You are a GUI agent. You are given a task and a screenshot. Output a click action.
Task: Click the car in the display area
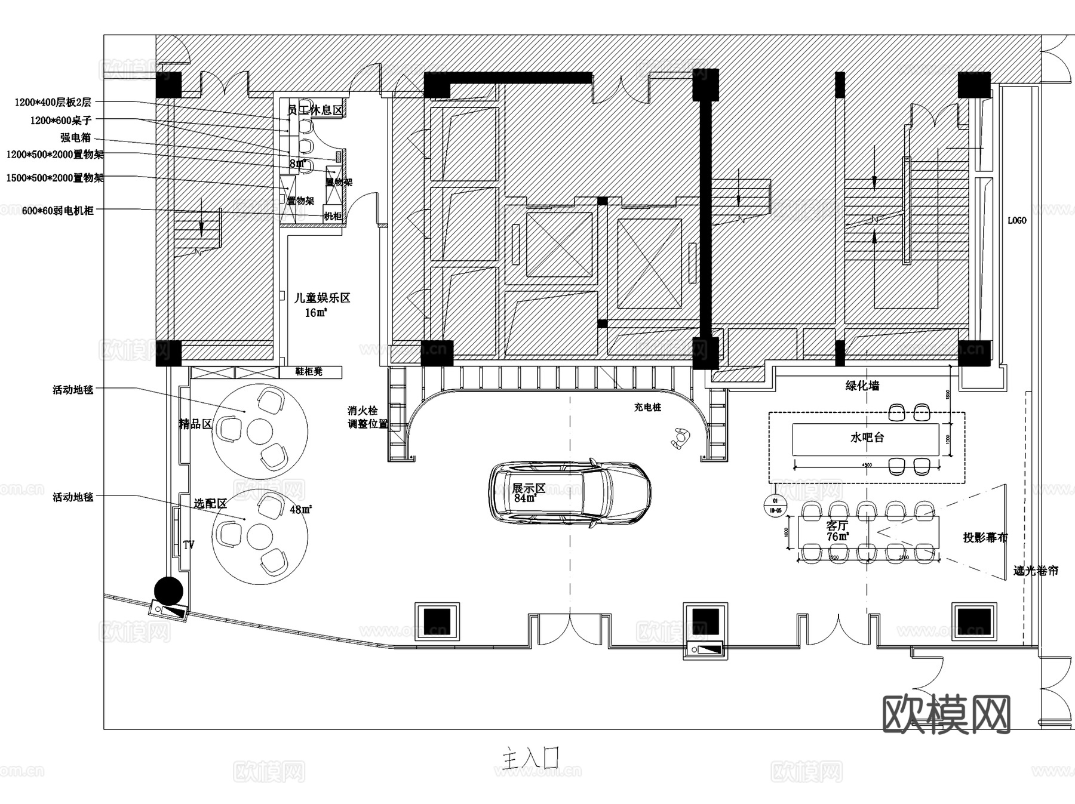click(570, 493)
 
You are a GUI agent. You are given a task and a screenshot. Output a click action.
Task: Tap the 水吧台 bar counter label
click(867, 438)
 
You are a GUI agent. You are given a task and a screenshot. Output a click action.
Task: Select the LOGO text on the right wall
click(1016, 220)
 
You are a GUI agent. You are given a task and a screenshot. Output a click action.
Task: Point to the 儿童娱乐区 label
click(322, 297)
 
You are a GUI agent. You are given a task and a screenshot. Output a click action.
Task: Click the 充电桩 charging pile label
click(647, 407)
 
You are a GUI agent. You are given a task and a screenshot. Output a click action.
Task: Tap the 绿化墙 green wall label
click(862, 386)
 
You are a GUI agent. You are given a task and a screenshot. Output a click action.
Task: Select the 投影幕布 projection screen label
click(985, 537)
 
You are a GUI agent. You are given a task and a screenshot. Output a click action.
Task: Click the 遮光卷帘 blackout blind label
click(1035, 571)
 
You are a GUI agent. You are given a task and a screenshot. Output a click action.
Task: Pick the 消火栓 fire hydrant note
click(363, 411)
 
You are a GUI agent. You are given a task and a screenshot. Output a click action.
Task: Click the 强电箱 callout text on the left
click(76, 137)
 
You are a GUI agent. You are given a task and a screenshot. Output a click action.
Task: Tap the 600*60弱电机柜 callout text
click(57, 210)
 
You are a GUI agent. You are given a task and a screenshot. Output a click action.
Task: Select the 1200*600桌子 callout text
click(60, 121)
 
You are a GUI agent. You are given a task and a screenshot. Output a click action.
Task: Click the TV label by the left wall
click(189, 545)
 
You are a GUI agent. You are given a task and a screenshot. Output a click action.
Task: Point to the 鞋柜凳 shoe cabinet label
click(309, 372)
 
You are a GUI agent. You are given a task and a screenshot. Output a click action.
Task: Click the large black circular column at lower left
click(168, 591)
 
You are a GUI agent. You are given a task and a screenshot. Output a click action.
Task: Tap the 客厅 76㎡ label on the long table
click(837, 531)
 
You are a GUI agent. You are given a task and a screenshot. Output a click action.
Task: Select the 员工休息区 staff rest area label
click(315, 110)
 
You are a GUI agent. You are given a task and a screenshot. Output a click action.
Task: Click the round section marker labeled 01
click(775, 506)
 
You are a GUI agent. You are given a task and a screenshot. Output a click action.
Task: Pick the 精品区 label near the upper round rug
click(195, 424)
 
